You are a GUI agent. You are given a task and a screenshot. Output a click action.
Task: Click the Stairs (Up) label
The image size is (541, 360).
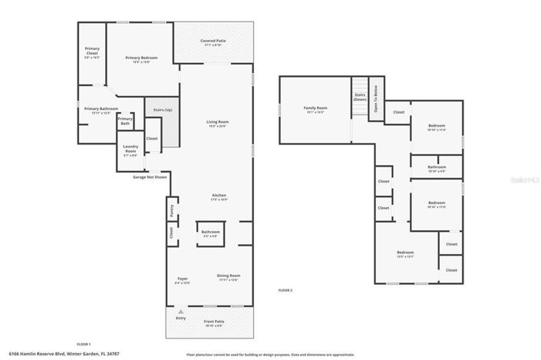pyautogui.click(x=163, y=111)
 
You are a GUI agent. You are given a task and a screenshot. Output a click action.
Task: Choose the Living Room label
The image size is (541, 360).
pyautogui.click(x=217, y=123)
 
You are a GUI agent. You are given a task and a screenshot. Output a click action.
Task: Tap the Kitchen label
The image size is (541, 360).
pyautogui.click(x=219, y=197)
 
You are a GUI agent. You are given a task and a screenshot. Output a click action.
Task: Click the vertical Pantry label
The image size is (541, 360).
pyautogui.click(x=171, y=209)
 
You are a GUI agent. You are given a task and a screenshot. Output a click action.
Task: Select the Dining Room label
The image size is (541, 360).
pyautogui.click(x=229, y=276)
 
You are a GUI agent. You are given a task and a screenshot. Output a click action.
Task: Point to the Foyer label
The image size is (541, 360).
pyautogui.click(x=183, y=280)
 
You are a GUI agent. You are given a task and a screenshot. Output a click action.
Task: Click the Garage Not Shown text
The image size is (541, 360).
pyautogui.click(x=150, y=177)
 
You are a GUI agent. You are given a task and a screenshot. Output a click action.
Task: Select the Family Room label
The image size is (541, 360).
pyautogui.click(x=316, y=108)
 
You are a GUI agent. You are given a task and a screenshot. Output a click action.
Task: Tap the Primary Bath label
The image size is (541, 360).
pyautogui.click(x=125, y=121)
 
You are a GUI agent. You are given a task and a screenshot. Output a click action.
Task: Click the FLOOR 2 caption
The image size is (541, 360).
pyautogui.click(x=285, y=290)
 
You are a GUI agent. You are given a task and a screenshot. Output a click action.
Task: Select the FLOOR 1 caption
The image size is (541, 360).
pyautogui.click(x=84, y=343)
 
